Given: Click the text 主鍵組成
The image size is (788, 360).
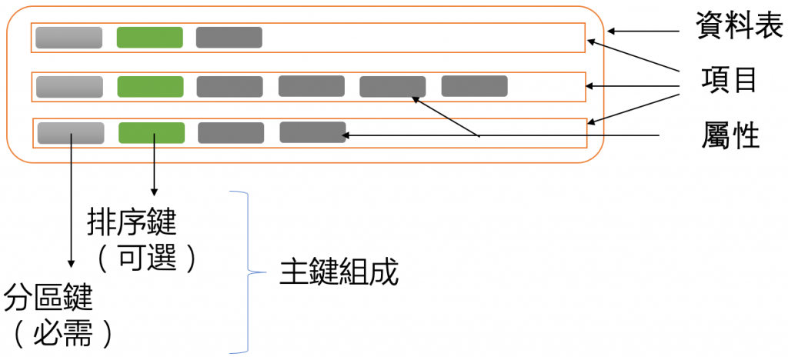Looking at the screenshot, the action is pos(339,273).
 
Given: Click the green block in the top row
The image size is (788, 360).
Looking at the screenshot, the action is pos(149,38).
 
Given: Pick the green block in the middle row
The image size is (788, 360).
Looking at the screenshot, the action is pos(150,86).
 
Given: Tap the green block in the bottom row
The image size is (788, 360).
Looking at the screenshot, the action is pos(152,132).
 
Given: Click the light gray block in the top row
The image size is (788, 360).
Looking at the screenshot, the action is pos(68,38).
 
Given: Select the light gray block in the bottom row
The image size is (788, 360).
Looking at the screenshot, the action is pos(71,132).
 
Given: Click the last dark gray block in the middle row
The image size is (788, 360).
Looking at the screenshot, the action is pos(474,86).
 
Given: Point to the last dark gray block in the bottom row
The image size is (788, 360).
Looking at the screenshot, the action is pos(312,132).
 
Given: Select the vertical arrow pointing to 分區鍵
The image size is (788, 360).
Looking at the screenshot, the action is pos(72,208).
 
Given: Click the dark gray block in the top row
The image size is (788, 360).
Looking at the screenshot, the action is pos(229,38).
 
